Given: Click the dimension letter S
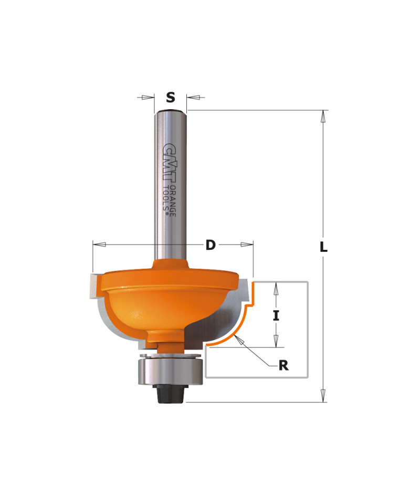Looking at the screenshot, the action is click(x=170, y=98).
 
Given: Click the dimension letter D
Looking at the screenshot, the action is click(x=211, y=245).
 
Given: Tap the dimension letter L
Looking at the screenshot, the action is click(x=323, y=247).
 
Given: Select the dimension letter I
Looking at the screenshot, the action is click(x=276, y=315).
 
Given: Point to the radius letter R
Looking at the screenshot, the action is click(x=283, y=365).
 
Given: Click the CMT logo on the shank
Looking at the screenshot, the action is click(x=170, y=163).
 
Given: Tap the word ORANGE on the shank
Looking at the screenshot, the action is click(x=173, y=201).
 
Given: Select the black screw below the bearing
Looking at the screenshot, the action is click(x=170, y=394).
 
